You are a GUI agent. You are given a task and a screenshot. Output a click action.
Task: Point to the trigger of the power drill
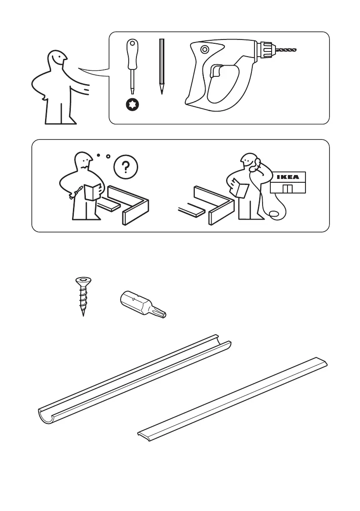(216, 71)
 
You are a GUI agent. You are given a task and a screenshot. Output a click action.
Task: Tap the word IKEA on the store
(287, 177)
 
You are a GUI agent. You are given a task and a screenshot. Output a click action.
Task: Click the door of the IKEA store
(287, 188)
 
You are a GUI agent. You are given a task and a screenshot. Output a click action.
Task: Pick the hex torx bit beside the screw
(143, 304)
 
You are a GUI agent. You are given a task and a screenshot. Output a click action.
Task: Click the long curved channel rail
(134, 379)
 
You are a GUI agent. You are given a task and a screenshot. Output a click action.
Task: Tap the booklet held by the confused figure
(92, 192)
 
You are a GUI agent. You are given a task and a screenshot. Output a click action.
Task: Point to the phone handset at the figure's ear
(257, 162)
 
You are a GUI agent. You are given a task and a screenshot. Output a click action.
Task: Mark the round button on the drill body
(205, 49)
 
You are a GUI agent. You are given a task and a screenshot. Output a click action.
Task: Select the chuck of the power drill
(266, 50)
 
